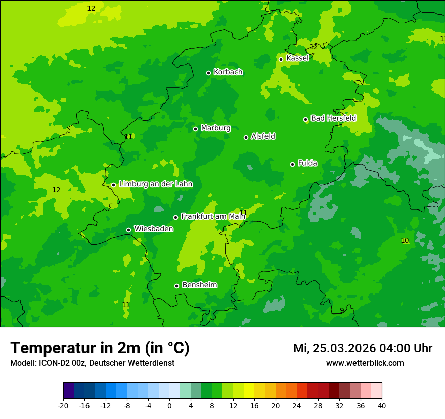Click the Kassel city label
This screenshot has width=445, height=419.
(297, 58)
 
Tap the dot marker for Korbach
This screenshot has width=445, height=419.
(208, 73)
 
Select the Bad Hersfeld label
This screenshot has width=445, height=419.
(333, 118)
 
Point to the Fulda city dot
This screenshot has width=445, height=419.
(292, 164)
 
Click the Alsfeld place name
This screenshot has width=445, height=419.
(263, 136)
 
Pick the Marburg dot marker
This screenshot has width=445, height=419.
(195, 129)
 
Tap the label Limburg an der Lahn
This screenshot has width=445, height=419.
(155, 184)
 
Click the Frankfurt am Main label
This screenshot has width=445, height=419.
(213, 216)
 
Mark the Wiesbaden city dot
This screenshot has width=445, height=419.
(128, 230)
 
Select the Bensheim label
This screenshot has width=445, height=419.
(199, 285)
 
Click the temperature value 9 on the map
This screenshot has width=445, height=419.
(342, 310)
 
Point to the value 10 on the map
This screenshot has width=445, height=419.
(405, 240)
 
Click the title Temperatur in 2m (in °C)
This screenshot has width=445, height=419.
(100, 348)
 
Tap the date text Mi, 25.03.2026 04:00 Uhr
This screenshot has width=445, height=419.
(363, 348)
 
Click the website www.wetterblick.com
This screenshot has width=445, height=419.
(365, 363)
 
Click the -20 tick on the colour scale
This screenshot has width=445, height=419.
(63, 406)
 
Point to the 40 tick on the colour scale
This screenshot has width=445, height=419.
(381, 406)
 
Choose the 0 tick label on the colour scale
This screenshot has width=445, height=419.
(169, 406)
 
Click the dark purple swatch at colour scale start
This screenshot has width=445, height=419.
(68, 391)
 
